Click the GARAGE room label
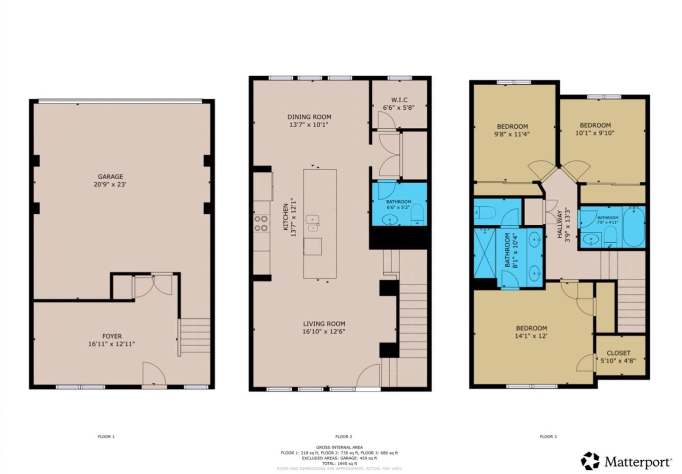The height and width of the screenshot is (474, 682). (110, 177)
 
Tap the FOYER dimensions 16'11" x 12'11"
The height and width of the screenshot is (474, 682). (111, 344)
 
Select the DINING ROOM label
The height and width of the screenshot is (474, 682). (309, 117)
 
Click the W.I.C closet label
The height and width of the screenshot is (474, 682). (399, 100)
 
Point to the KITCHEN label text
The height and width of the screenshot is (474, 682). (286, 217)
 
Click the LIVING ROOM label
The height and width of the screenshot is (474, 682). (324, 324)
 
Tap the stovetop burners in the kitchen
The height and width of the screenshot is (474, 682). (261, 223)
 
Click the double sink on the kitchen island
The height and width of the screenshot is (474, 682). (313, 223)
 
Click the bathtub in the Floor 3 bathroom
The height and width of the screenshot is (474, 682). (634, 228)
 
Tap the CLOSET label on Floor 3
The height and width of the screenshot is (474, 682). (618, 353)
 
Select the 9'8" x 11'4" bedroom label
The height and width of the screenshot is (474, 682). (512, 126)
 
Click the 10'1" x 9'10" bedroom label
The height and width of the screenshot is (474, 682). (595, 125)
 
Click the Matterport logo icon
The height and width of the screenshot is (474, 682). (590, 461)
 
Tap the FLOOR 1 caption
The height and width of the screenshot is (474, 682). (106, 437)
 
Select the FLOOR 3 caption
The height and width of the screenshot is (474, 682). (548, 437)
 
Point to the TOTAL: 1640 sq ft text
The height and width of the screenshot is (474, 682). (340, 464)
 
